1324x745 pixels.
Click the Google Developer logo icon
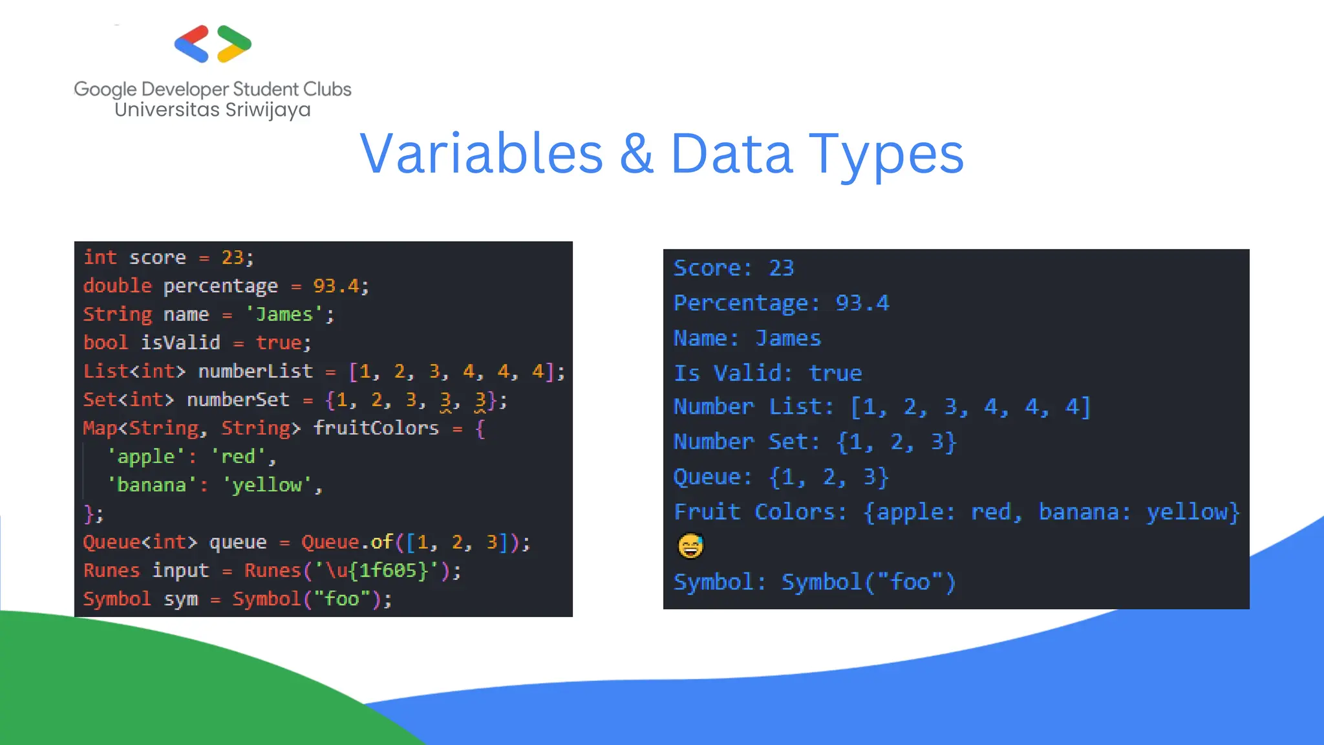pos(213,44)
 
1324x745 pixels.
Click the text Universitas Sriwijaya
pos(212,110)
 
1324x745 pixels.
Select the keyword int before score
pos(100,257)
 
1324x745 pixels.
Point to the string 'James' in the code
pos(284,314)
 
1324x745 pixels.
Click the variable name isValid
pos(180,343)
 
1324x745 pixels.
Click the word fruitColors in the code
pos(376,428)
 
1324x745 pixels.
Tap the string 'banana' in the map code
pos(151,485)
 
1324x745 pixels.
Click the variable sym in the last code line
pos(180,599)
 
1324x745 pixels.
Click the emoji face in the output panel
pos(690,546)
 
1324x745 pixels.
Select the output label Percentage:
pos(746,303)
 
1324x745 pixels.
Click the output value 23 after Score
pos(781,268)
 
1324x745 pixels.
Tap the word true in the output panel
pos(835,373)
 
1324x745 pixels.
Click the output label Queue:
pos(712,477)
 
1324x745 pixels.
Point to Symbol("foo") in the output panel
pos(868,582)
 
